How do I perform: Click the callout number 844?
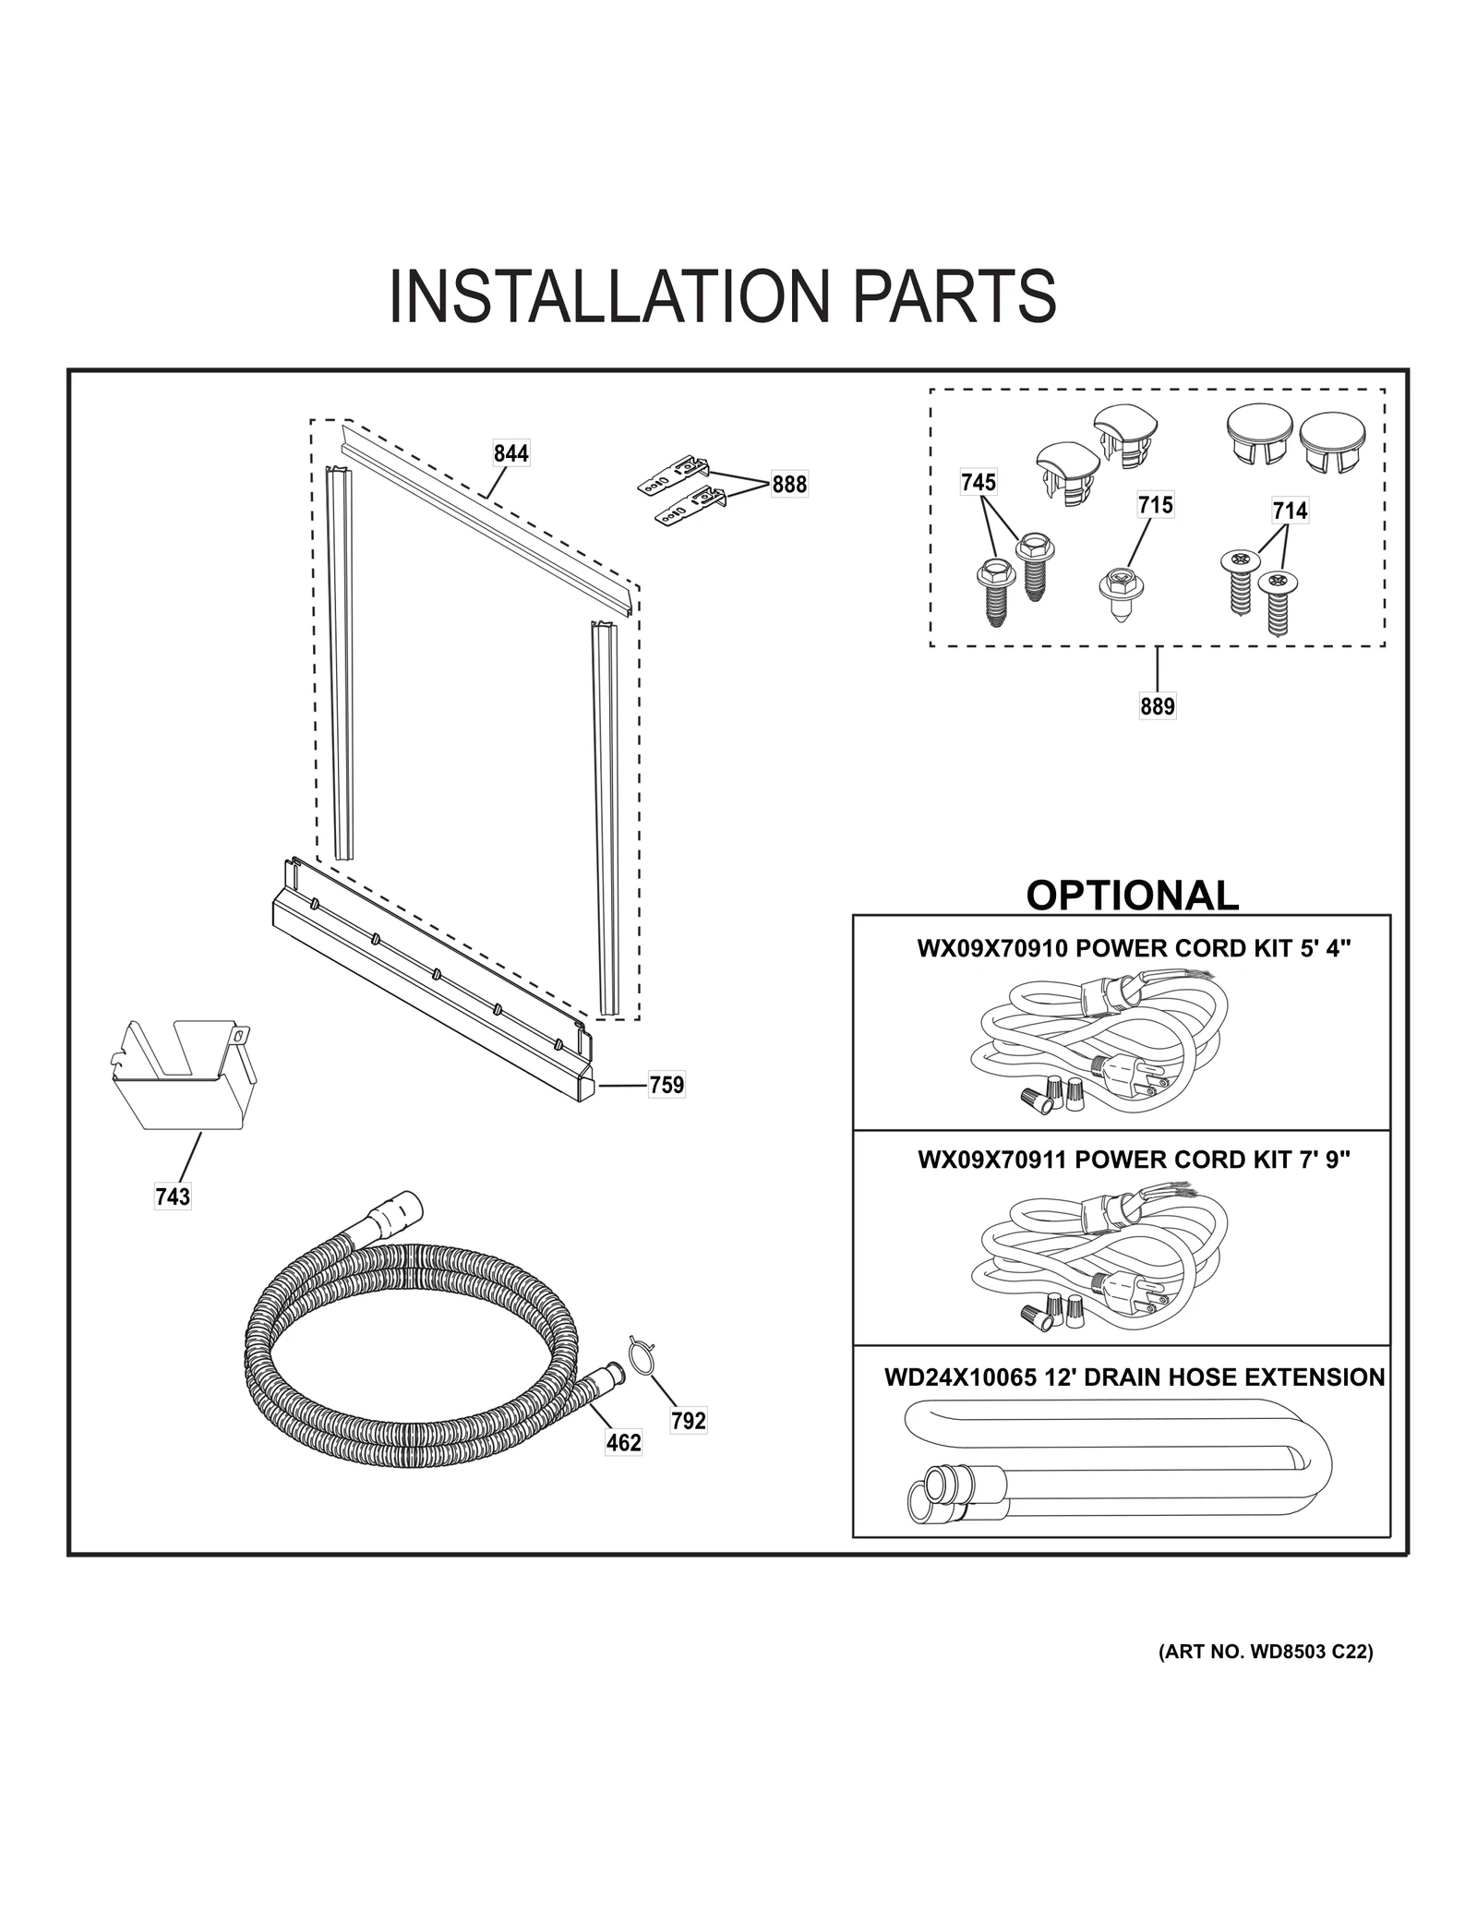pos(510,453)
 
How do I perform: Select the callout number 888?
pos(789,485)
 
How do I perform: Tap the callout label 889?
pos(1157,706)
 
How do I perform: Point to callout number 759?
pos(666,1085)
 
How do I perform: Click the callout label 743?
pos(173,1197)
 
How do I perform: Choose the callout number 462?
pos(623,1442)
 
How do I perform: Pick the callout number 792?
pos(689,1421)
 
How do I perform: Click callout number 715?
pos(1155,505)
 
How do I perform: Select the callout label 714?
pos(1290,511)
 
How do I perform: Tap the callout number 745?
pos(979,482)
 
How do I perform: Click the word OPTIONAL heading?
pos(1132,896)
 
